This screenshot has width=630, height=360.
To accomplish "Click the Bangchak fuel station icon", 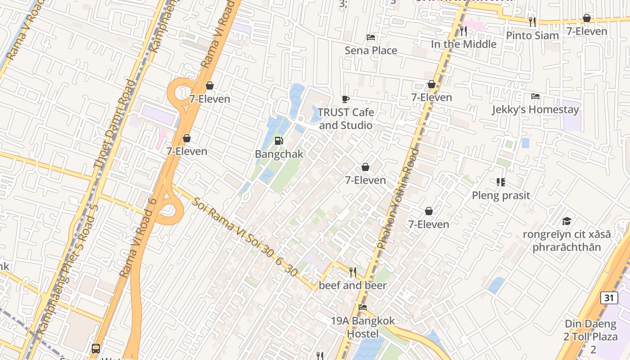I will (x=279, y=141).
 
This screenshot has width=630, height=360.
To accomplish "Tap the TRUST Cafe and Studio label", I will (x=346, y=118).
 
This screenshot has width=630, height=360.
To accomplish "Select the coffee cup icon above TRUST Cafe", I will (x=345, y=99).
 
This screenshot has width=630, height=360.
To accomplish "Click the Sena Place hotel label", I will (x=371, y=50).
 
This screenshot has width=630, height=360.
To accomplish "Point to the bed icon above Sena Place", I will (x=371, y=37).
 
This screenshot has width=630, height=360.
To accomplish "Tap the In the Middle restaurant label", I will (x=463, y=44).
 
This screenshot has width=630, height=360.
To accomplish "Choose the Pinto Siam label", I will (x=532, y=36).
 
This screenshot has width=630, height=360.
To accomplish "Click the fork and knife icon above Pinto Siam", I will (x=532, y=21).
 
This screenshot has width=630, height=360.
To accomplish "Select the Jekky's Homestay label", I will (x=535, y=109).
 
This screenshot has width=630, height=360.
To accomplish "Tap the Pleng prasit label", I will (x=501, y=195).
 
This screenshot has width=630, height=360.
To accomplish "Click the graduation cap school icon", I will (x=567, y=221).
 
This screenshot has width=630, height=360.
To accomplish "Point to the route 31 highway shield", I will (x=609, y=297).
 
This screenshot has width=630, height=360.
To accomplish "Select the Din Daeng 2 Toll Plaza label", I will (x=590, y=337).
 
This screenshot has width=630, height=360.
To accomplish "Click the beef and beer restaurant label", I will (x=353, y=285).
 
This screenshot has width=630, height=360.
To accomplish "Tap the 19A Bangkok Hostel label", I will (x=363, y=327).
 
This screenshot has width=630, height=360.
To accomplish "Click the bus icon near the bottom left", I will (x=95, y=348).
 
